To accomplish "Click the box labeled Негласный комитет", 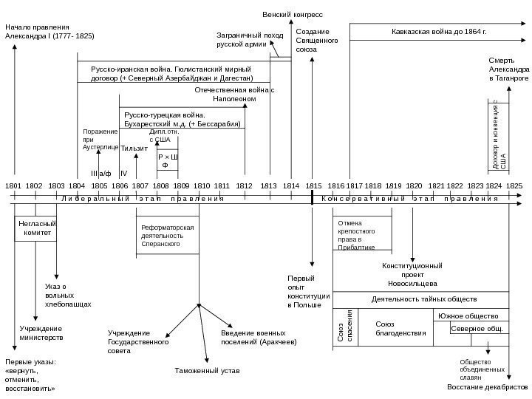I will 36,228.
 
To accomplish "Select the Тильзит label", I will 129,149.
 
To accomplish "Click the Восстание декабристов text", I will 488,386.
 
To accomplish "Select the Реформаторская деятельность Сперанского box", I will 168,235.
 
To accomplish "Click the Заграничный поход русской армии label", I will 239,40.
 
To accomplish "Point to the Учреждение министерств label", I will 41,332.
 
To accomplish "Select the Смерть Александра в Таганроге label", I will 508,69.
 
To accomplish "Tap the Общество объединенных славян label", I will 475,368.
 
